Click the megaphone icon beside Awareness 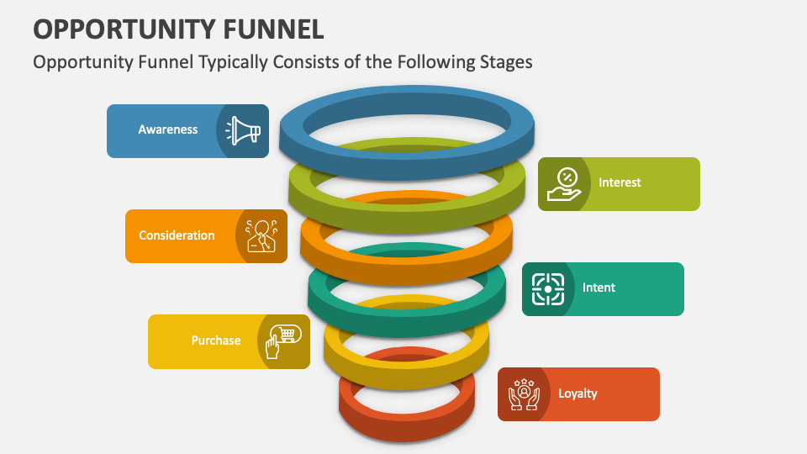tap(243, 131)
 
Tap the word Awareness tap(168, 130)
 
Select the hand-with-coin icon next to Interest tap(564, 183)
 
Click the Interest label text tap(620, 182)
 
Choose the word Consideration tap(177, 235)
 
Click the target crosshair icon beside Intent tap(548, 288)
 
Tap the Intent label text tap(599, 288)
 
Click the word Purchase tap(216, 340)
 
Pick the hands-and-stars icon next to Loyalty tap(524, 393)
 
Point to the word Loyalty tap(578, 393)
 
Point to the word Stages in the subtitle tap(504, 62)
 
